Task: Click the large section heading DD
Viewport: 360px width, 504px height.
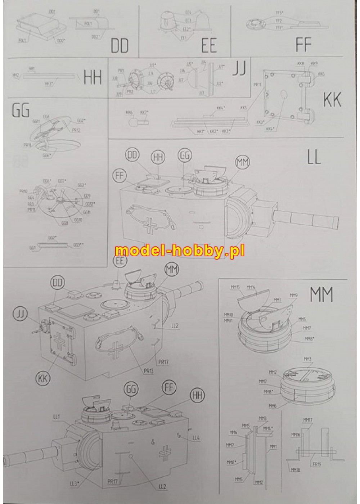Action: pos(120,46)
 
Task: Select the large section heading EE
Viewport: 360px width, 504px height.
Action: pos(209,46)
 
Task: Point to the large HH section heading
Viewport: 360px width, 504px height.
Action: pos(93,77)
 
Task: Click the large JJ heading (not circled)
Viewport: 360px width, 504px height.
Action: pos(239,69)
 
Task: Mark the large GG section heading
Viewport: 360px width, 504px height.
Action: pos(21,111)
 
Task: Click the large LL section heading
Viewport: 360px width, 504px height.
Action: pos(314,157)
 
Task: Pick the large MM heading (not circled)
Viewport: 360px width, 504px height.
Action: pos(321,295)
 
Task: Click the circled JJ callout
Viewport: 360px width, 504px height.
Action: pos(20,314)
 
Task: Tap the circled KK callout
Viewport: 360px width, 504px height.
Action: pos(42,378)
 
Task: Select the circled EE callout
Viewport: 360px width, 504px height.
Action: pos(120,261)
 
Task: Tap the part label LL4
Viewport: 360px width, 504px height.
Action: pos(196,438)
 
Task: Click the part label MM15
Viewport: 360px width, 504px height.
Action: pos(234,287)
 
